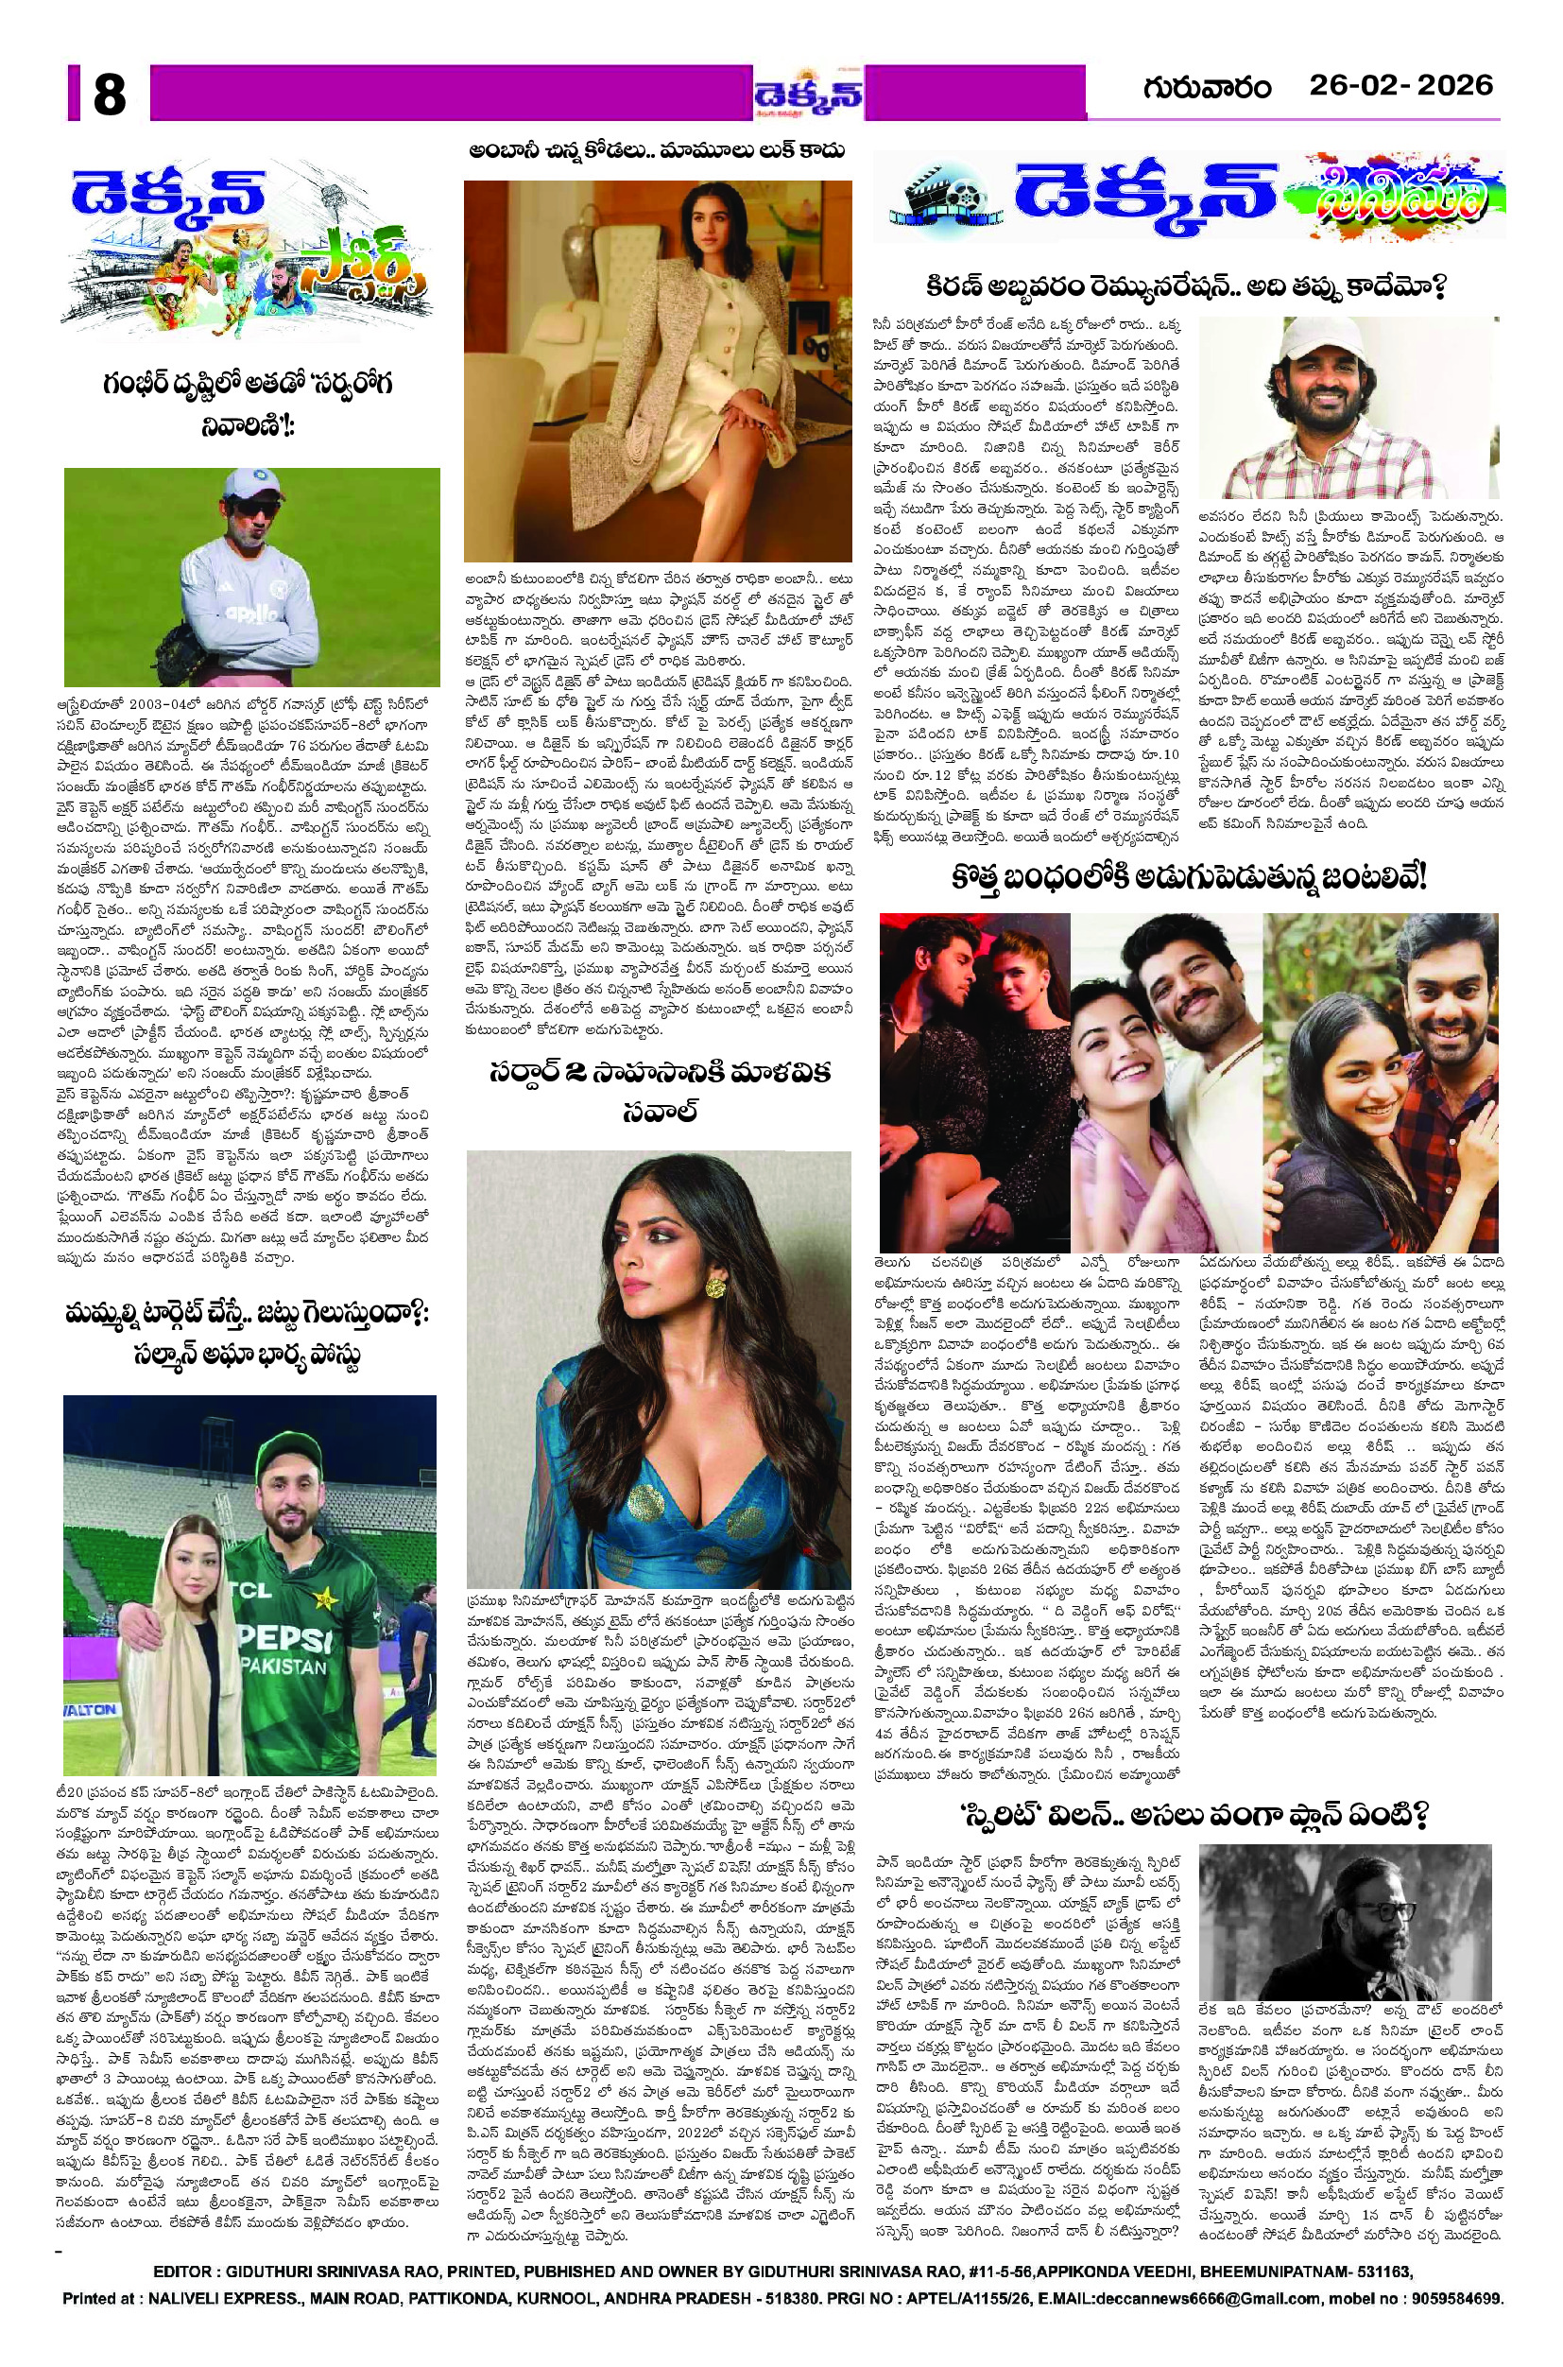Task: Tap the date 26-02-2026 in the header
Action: (x=1400, y=86)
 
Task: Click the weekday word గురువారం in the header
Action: (x=1208, y=88)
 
